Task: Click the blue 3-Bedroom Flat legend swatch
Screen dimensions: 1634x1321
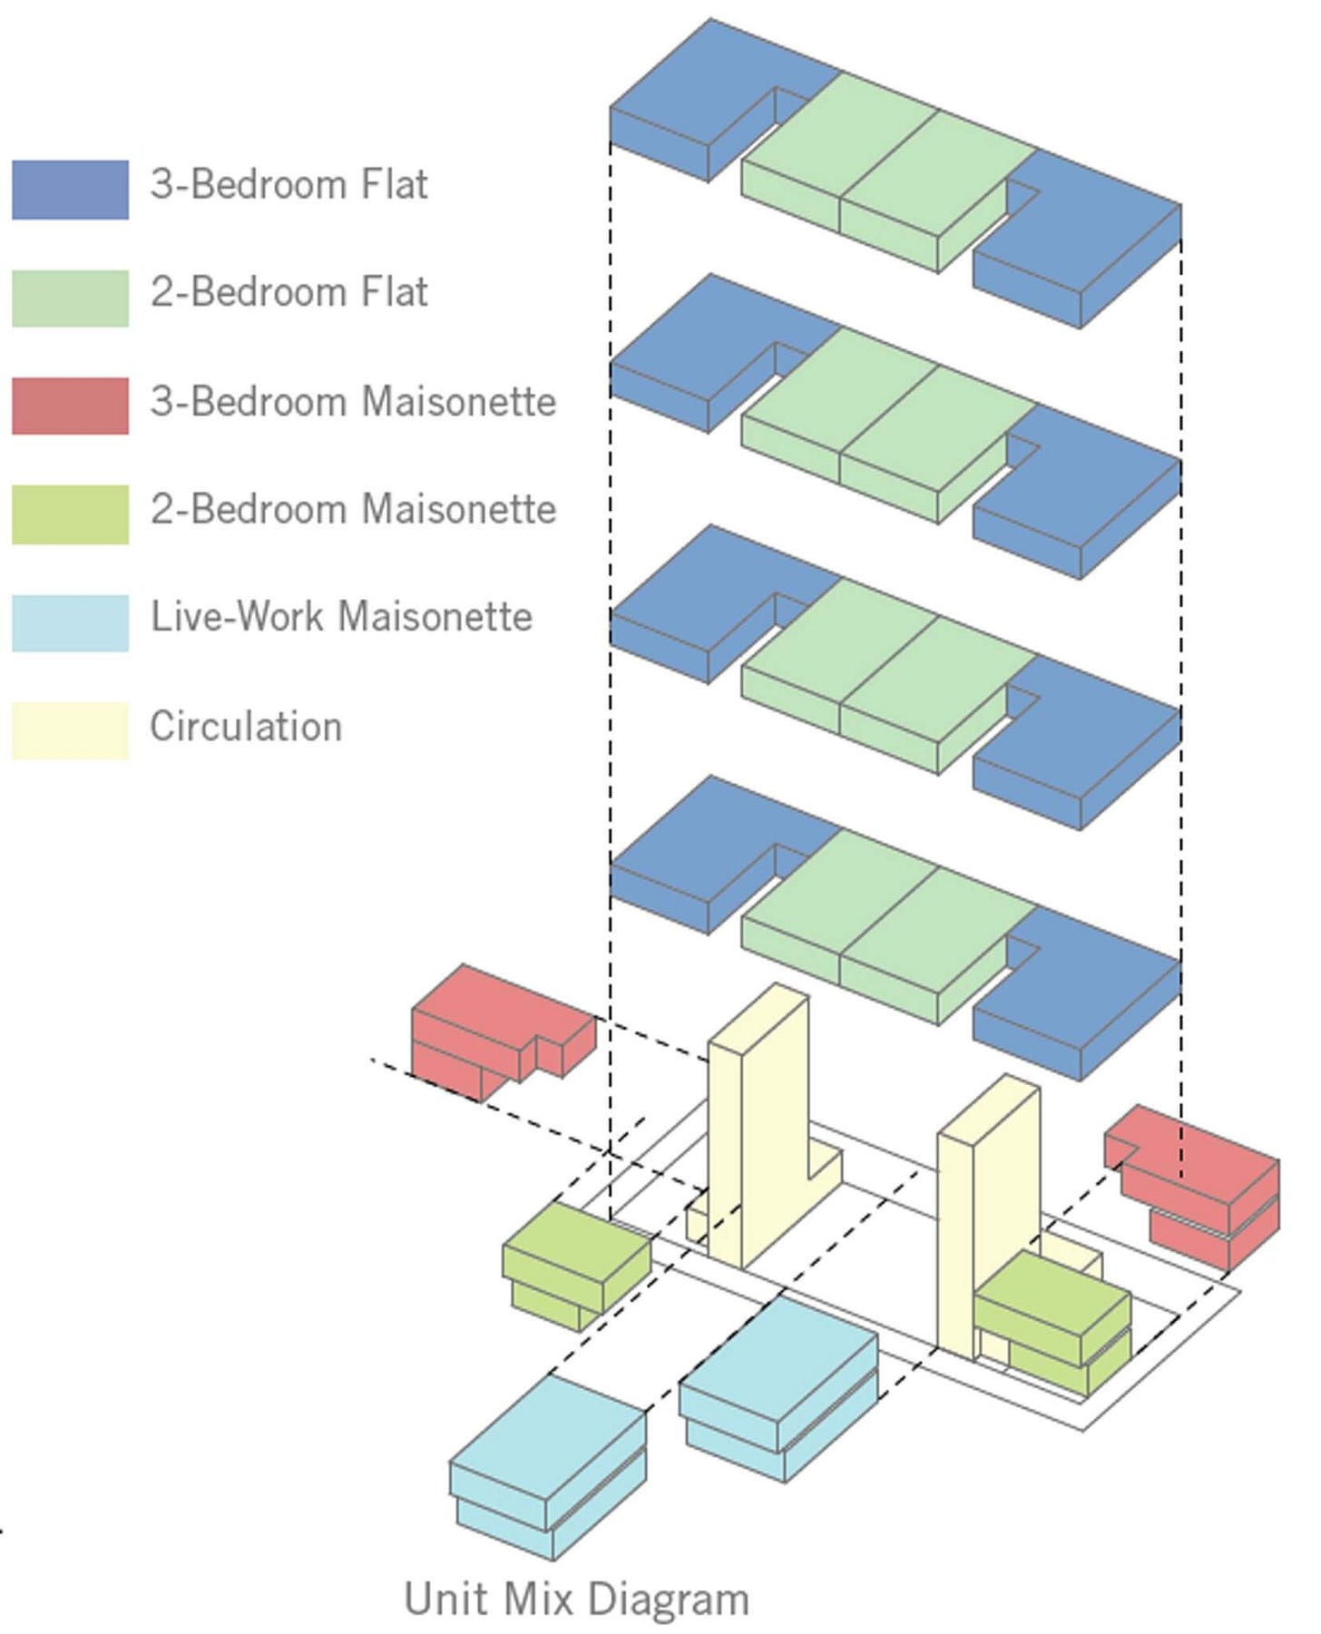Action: pos(70,190)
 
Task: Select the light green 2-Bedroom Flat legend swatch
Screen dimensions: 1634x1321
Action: pos(70,298)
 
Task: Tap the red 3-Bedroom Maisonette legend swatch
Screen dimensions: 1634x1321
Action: pos(70,406)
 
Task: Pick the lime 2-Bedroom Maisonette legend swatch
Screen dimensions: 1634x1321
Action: pos(70,514)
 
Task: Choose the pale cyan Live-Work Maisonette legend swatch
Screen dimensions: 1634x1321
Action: pos(70,622)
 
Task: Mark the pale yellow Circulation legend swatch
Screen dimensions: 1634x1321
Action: pos(70,730)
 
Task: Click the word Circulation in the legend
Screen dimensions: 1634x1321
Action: pos(246,727)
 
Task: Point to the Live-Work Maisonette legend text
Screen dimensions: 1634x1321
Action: pos(341,617)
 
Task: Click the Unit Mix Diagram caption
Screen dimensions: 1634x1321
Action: pos(576,1599)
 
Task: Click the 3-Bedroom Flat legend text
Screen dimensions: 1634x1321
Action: pos(289,184)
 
